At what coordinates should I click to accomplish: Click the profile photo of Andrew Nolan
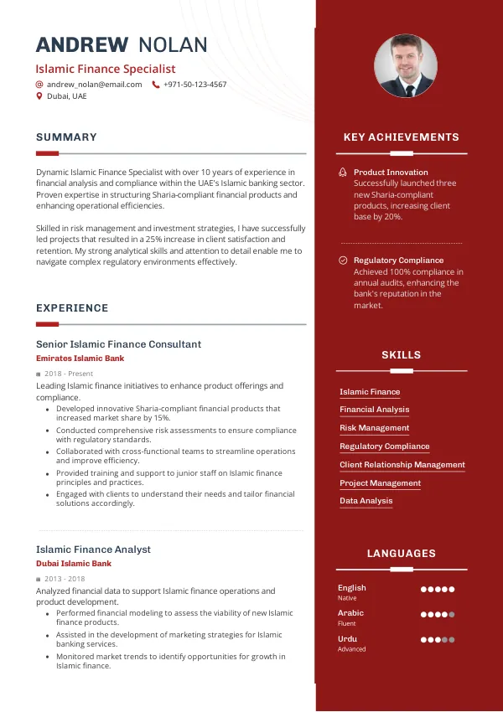coord(406,66)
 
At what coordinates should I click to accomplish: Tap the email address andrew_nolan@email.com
coord(94,85)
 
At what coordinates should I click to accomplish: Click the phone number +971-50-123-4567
coord(194,85)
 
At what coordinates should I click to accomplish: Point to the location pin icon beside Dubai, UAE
coord(39,96)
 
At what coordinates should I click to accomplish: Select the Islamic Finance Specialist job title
coord(106,69)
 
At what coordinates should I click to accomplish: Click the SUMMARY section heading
coord(66,137)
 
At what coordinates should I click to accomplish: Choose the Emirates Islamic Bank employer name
coord(80,359)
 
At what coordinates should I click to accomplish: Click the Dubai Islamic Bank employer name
coord(74,564)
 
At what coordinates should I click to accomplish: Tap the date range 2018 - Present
coord(69,374)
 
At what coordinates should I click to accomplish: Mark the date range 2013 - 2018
coord(65,579)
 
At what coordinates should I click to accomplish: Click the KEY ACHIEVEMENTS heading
coord(402,137)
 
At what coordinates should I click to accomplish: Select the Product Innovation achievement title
coord(391,173)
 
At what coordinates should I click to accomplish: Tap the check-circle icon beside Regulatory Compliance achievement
coord(343,261)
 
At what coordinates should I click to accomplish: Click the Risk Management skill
coord(374,428)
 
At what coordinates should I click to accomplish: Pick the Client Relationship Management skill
coord(402,465)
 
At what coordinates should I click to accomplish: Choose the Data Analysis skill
coord(366,501)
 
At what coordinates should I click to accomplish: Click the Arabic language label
coord(350,613)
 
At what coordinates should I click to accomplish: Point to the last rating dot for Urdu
coord(452,640)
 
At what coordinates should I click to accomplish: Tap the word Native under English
coord(347,598)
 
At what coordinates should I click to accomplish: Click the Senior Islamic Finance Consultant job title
coord(118,344)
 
